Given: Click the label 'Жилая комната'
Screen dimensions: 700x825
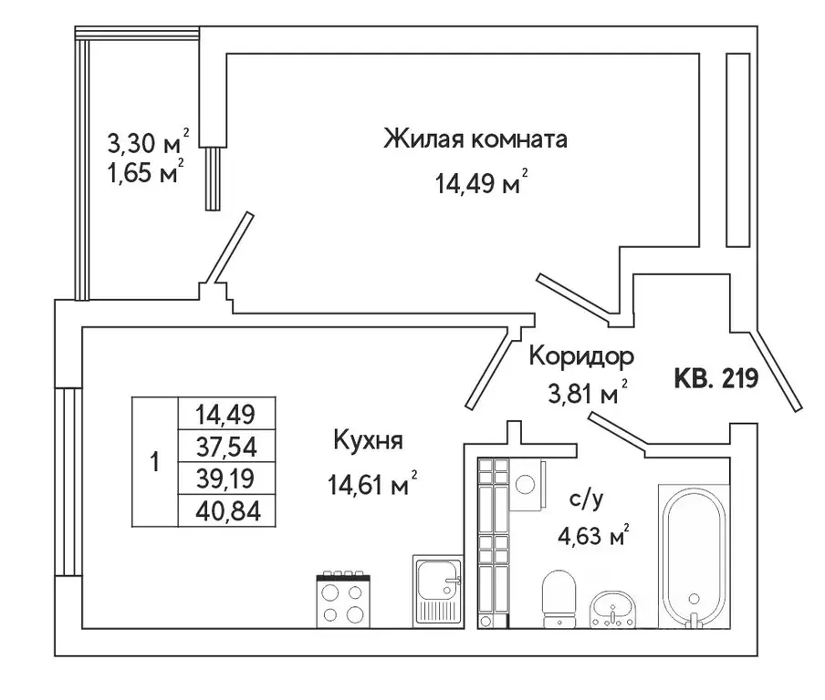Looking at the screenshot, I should pyautogui.click(x=475, y=140).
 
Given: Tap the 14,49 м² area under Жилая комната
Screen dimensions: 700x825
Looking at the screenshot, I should pyautogui.click(x=480, y=185).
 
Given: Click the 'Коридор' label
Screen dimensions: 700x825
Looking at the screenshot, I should pyautogui.click(x=581, y=355).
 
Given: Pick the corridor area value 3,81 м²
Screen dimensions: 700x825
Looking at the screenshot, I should pyautogui.click(x=582, y=395).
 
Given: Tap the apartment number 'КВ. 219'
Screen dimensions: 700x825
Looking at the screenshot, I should pyautogui.click(x=716, y=378).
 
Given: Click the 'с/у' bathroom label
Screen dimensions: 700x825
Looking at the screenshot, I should pyautogui.click(x=586, y=499).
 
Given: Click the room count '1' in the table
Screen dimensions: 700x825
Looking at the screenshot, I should pyautogui.click(x=154, y=462).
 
